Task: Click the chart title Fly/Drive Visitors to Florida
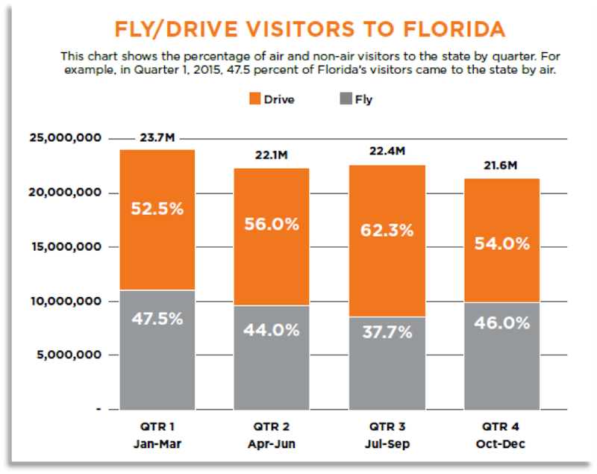309,29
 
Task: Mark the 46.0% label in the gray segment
502,324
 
